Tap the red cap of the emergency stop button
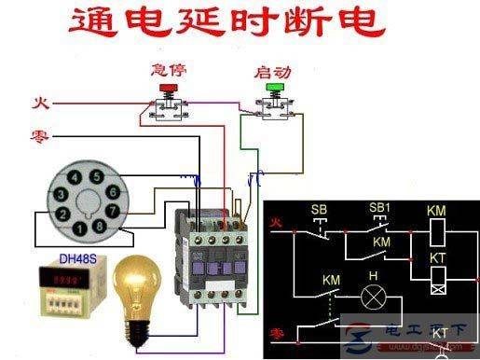pos(169,90)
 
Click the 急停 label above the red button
pos(168,71)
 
